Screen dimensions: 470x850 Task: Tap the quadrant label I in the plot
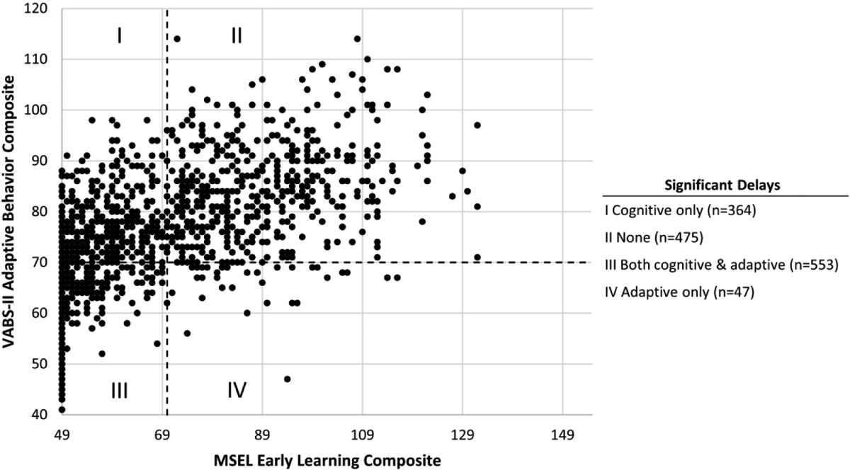120,35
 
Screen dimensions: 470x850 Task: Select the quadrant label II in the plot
237,35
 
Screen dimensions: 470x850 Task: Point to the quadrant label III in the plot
119,390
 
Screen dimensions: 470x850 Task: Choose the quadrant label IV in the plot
237,390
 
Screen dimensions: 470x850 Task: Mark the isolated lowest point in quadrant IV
287,379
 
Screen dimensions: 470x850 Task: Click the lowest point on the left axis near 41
62,409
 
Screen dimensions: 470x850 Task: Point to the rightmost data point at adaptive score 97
477,125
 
